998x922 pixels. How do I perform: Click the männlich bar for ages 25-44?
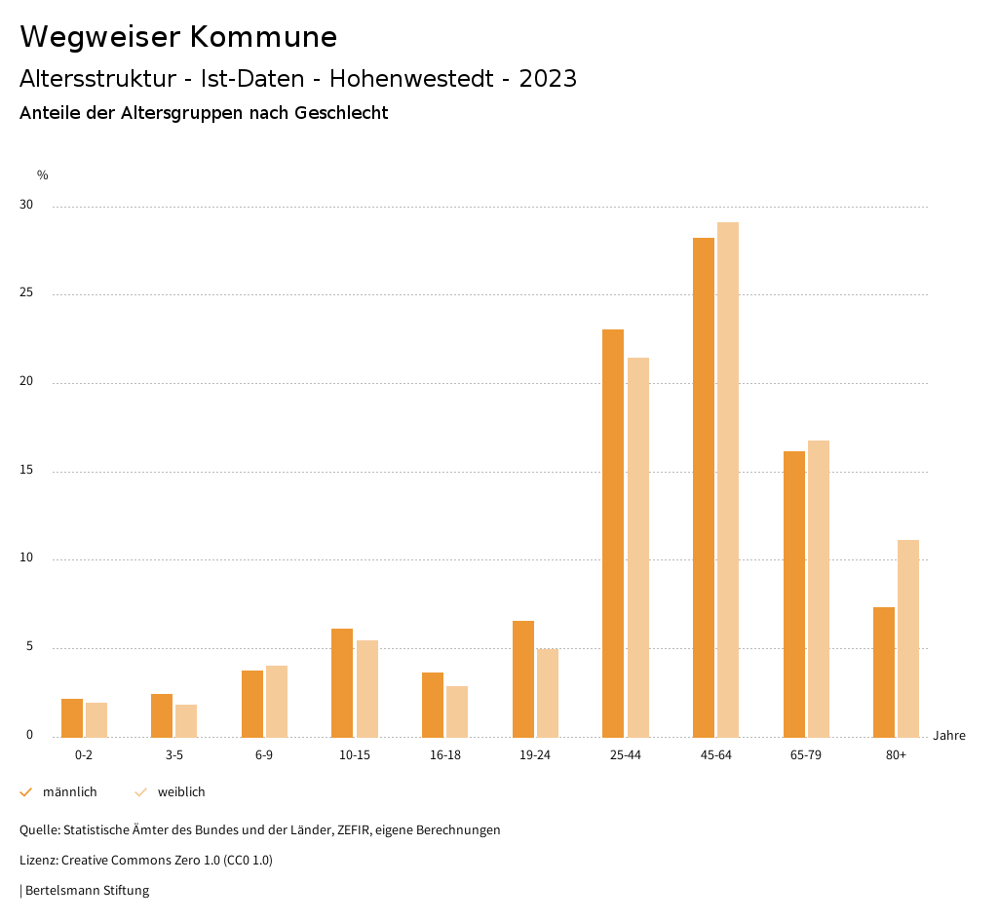coord(613,533)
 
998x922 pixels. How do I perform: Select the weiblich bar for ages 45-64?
coord(728,480)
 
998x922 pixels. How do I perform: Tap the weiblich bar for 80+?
coord(908,638)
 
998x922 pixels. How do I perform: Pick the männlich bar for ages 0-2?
coord(72,718)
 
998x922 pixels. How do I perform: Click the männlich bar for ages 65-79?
coord(794,595)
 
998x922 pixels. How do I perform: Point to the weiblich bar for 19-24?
coord(548,693)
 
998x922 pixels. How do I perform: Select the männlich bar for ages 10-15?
coord(342,683)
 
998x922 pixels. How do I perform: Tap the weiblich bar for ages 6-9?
coord(277,702)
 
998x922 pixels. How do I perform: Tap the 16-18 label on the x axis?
coord(444,755)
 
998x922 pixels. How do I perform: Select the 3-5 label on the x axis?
coord(174,755)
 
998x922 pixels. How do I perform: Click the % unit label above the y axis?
coord(43,175)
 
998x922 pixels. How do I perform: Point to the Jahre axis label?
coord(949,736)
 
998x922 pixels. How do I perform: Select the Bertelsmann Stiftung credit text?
coord(88,890)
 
